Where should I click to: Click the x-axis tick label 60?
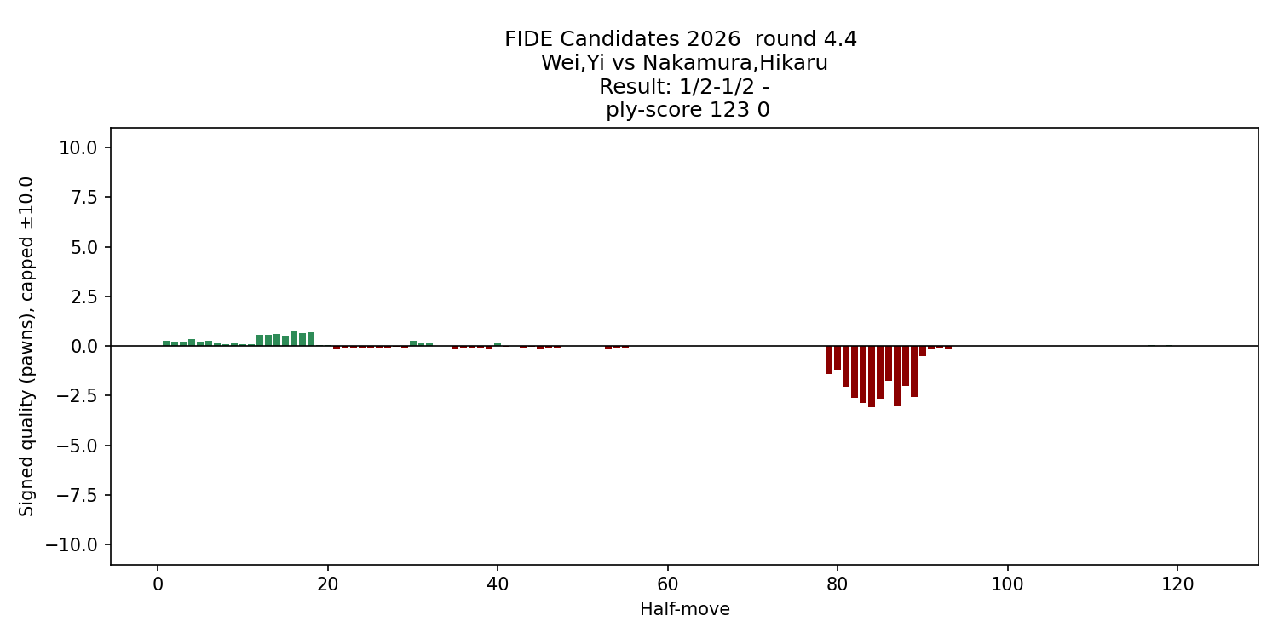[x=667, y=585]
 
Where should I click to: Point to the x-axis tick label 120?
[x=1177, y=585]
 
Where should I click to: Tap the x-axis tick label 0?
[x=158, y=585]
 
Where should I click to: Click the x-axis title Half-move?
[x=684, y=609]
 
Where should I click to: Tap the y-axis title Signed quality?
[x=27, y=345]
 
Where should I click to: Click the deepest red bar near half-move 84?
[x=872, y=376]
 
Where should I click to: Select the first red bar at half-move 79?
[x=829, y=360]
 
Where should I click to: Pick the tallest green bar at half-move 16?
[x=294, y=338]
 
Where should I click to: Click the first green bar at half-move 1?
[x=166, y=343]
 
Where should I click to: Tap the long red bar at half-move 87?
[x=897, y=376]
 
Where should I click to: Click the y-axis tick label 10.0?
[x=78, y=147]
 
